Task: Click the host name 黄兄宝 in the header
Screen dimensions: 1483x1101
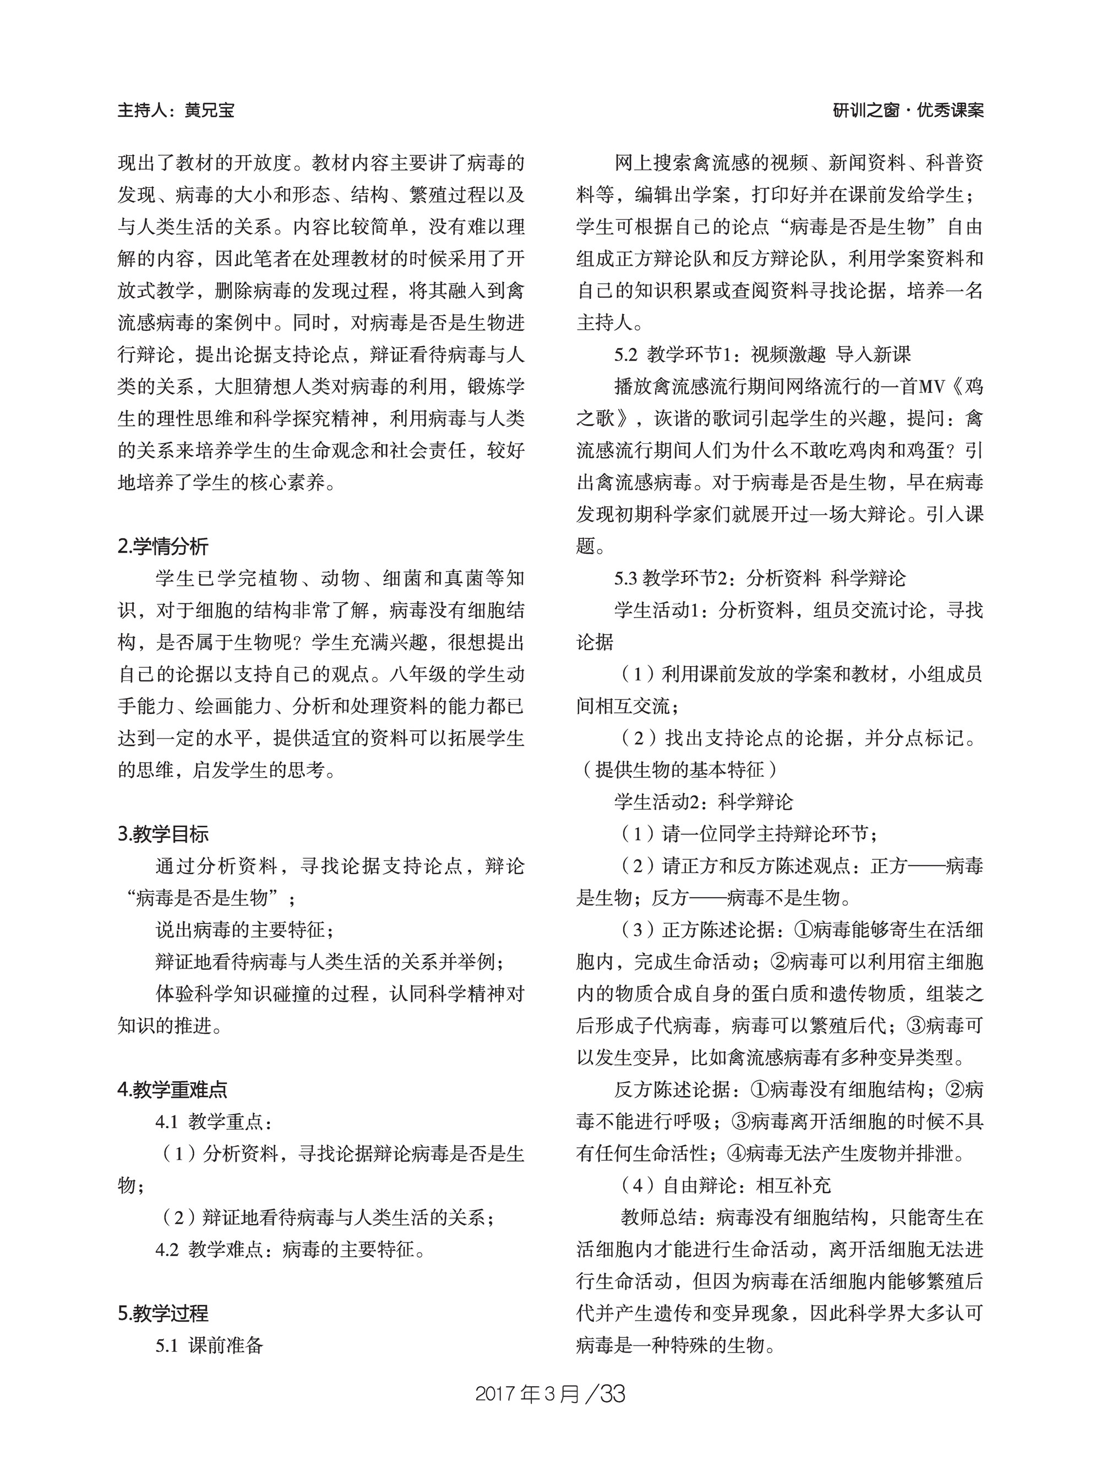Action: click(x=209, y=111)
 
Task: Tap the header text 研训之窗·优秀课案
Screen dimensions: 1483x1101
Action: click(x=908, y=111)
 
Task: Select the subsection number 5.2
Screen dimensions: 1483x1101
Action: click(x=626, y=354)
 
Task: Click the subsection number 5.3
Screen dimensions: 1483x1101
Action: click(x=626, y=578)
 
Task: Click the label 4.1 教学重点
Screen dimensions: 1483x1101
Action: click(x=213, y=1122)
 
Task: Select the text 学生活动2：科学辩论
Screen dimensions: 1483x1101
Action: click(x=703, y=802)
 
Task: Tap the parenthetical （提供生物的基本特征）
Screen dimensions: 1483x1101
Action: click(x=677, y=770)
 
